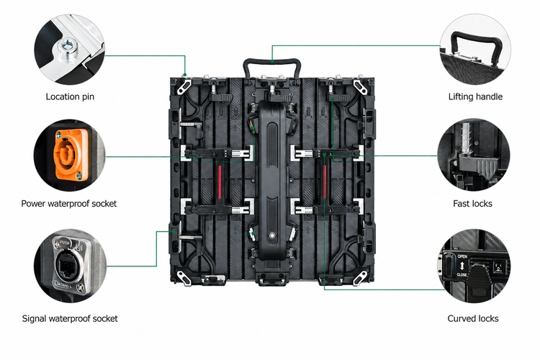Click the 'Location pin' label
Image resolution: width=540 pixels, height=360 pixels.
[x=70, y=96]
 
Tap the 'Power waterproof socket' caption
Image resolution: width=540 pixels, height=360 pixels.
[x=69, y=204]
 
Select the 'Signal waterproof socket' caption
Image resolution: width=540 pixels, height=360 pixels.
[x=70, y=319]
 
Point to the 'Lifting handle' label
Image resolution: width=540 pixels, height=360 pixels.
[x=475, y=96]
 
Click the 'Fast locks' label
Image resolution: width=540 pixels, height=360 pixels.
[x=472, y=204]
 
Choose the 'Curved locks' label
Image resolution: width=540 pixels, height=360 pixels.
[x=473, y=319]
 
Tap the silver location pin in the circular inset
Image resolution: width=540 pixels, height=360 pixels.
[x=67, y=50]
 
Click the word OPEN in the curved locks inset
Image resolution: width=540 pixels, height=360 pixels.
[x=462, y=256]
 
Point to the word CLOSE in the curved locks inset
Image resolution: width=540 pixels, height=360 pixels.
[x=462, y=274]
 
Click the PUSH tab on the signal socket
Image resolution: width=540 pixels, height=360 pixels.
[x=64, y=243]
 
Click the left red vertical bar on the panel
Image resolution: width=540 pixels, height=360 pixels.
[x=220, y=182]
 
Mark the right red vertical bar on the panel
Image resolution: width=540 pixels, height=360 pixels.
[x=325, y=182]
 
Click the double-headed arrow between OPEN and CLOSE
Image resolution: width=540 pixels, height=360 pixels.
[x=462, y=266]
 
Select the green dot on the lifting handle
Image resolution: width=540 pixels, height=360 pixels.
[x=272, y=61]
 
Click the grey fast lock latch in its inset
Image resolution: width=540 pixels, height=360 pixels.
[x=477, y=167]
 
